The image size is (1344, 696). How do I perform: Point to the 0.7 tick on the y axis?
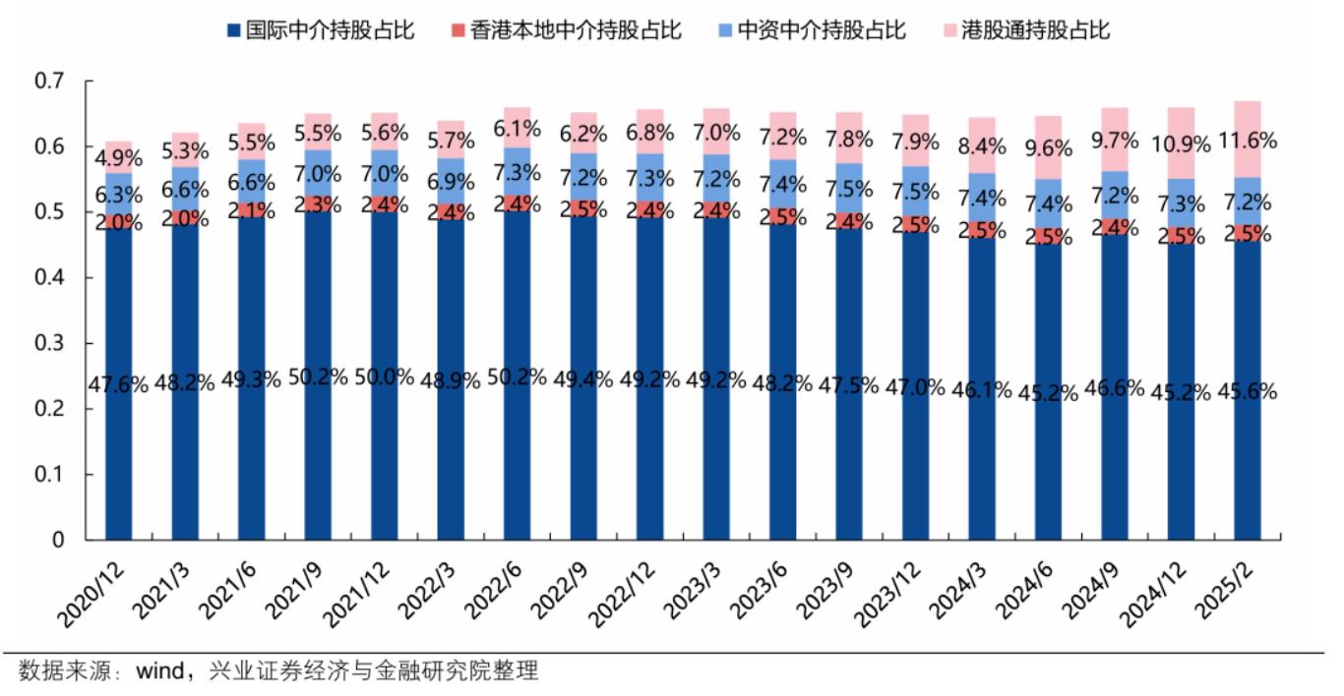coord(48,82)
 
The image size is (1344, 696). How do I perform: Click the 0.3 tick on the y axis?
coord(48,344)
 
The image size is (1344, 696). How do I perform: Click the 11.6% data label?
coord(1247,141)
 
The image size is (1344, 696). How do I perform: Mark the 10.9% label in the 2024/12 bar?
coord(1180,144)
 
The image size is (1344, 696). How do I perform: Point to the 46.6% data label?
coord(1114,387)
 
